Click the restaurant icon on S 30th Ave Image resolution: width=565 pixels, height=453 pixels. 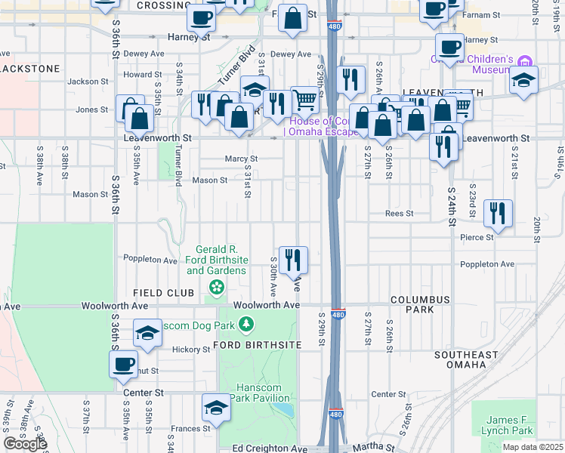pos(292,260)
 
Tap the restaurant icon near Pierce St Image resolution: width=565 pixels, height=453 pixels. pos(498,213)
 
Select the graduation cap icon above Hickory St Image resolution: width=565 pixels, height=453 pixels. pos(147,332)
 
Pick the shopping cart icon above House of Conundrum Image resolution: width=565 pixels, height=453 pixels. pos(304,99)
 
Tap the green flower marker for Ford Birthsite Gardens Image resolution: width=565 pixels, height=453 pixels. pos(217,287)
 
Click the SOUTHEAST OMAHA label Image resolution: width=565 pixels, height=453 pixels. pos(466,359)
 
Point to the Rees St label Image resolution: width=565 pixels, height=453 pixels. pos(399,214)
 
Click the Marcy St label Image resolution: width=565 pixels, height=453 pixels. pos(241,159)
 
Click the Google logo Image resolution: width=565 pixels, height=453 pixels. pos(25,444)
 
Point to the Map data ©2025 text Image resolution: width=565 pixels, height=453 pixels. pos(533,447)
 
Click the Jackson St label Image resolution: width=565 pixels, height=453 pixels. pos(83,82)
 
